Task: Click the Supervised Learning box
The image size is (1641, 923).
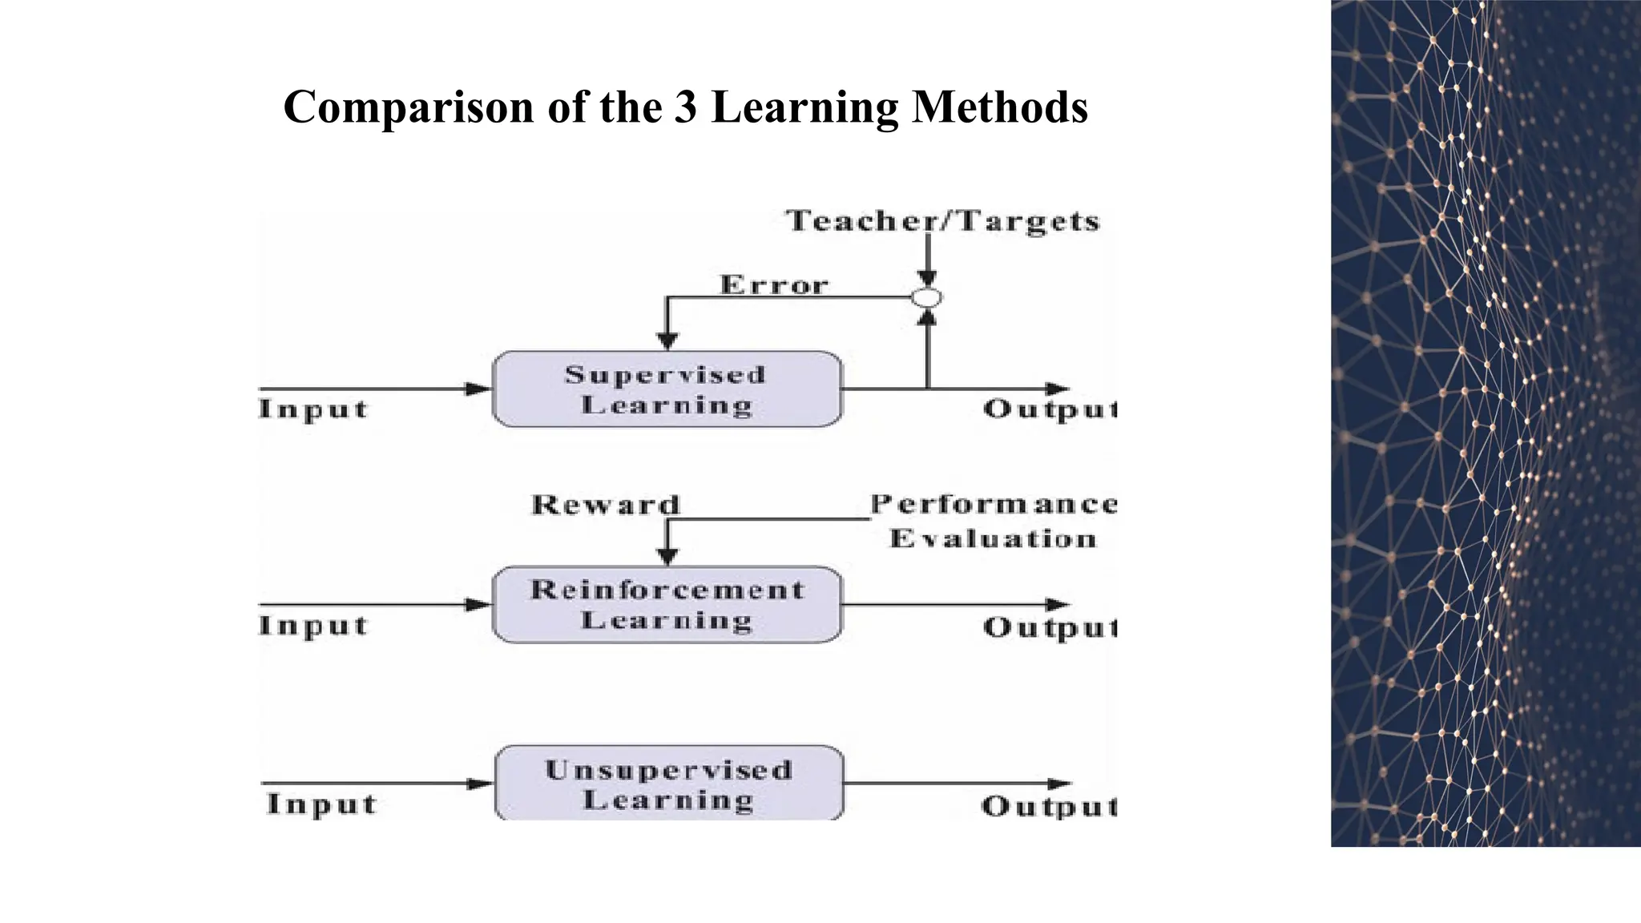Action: (667, 389)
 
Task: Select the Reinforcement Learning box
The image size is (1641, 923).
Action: (667, 605)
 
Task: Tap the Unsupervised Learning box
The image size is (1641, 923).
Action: (669, 784)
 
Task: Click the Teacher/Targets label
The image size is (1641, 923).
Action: (943, 221)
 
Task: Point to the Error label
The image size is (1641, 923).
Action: (774, 285)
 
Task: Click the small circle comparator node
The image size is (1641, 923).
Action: (927, 298)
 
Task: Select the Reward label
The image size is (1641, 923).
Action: (606, 505)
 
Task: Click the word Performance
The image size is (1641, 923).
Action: (994, 504)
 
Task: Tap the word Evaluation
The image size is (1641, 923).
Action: (993, 538)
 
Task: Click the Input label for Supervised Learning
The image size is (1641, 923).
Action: (313, 409)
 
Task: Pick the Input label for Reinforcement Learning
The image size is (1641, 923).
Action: (313, 626)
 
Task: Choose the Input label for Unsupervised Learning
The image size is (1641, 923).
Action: (321, 804)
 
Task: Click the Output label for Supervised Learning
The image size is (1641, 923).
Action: (1050, 409)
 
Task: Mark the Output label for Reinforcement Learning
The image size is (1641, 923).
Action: (1050, 627)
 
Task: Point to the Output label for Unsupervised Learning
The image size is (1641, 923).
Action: (1049, 806)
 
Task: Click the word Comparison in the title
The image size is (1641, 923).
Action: (409, 107)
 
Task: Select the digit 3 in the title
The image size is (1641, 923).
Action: (685, 107)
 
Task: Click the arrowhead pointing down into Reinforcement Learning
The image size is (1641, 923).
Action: (667, 556)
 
